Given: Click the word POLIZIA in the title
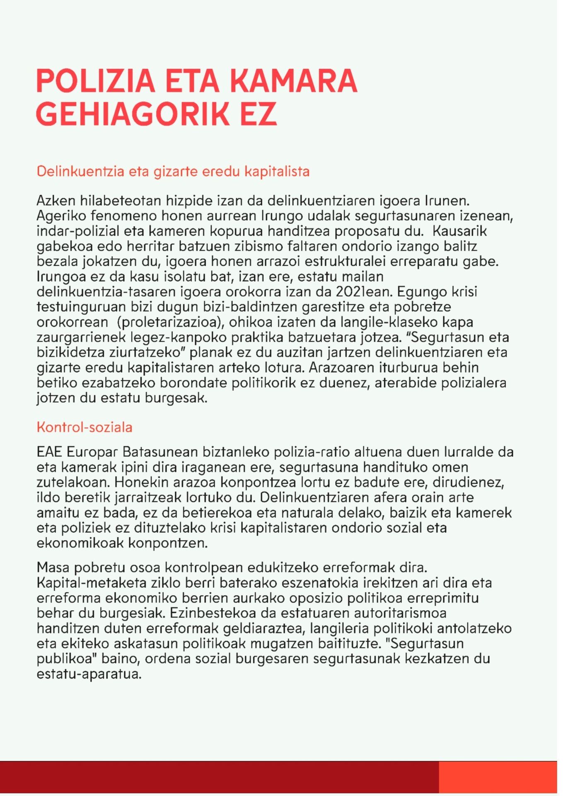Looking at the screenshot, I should [x=96, y=81].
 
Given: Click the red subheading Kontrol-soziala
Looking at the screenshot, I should [x=85, y=427].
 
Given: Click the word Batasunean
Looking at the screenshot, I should [x=160, y=452].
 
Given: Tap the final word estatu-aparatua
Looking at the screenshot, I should [x=89, y=674].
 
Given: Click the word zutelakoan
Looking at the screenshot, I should [x=73, y=483].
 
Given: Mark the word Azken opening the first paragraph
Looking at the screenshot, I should [x=56, y=201].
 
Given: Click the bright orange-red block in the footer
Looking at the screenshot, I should [x=498, y=777].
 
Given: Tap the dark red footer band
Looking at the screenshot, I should [x=220, y=777].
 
